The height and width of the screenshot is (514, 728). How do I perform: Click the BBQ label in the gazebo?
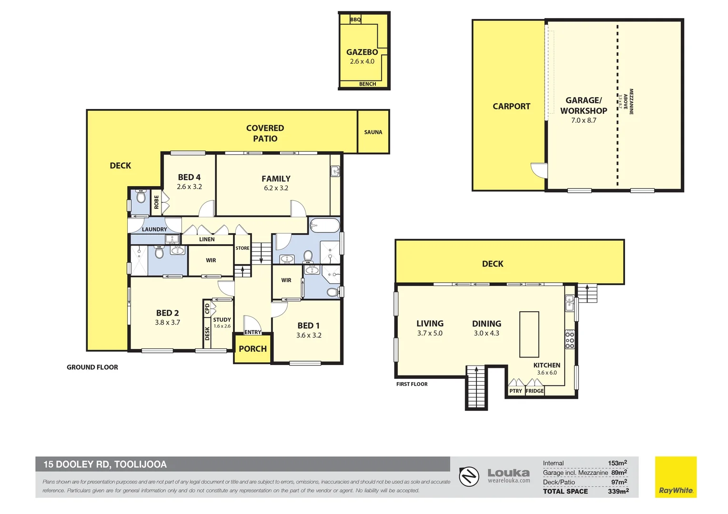point(355,20)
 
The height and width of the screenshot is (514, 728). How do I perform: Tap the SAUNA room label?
point(373,132)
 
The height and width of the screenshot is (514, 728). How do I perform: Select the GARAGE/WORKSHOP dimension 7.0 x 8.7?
point(584,120)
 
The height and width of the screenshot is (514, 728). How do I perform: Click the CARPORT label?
point(511,107)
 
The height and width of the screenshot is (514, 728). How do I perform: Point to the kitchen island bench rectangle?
point(529,334)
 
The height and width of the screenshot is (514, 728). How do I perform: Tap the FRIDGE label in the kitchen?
point(535,391)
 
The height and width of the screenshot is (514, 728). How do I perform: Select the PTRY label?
point(516,391)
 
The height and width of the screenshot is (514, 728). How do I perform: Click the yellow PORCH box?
point(253,349)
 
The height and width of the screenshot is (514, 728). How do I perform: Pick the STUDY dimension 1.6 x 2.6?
point(222,326)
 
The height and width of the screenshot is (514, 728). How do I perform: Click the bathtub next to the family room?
point(324,225)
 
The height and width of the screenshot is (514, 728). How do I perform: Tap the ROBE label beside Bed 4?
point(156,202)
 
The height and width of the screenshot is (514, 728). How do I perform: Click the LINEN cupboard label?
point(207,239)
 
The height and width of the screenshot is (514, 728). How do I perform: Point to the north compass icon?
point(469,476)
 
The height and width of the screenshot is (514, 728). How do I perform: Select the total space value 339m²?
point(618,491)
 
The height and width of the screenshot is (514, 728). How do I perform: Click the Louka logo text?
point(508,473)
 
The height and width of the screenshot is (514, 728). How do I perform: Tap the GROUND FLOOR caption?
point(92,367)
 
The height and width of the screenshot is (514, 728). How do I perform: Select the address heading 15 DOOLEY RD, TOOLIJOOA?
point(105,465)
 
